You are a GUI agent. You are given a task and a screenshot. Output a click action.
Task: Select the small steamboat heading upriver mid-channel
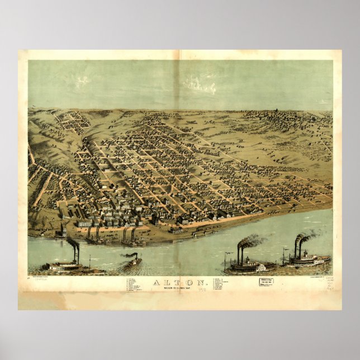point(132,262)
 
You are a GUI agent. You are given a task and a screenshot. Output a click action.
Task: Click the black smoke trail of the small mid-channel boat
point(127,255)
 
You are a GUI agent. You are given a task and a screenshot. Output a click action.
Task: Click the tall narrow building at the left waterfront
point(63,230)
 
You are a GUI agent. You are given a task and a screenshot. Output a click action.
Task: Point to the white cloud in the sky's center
point(200,84)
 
